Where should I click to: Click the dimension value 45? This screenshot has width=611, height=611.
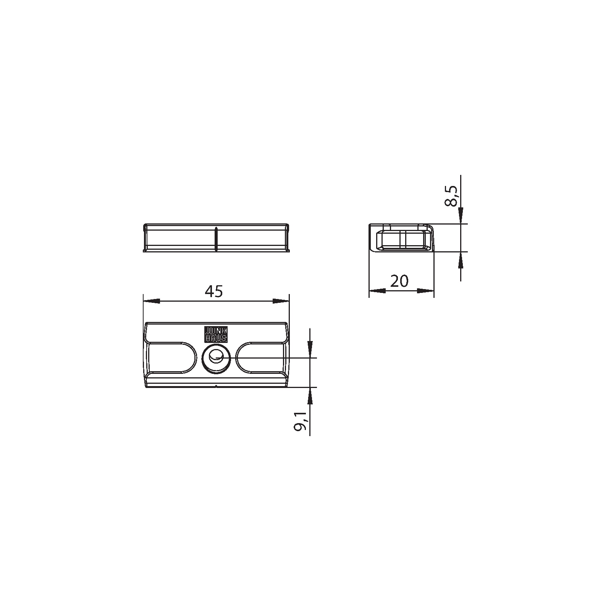coord(213,292)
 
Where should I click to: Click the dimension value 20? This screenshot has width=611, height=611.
coord(399,281)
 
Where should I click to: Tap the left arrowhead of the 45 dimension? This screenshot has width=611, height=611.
coord(151,301)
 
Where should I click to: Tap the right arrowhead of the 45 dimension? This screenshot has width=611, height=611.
coord(281,301)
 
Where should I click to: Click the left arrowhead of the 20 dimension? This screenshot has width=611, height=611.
coord(377,291)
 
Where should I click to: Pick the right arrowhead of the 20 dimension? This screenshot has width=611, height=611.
coord(426,291)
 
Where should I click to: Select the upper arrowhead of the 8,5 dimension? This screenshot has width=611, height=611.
coord(461,215)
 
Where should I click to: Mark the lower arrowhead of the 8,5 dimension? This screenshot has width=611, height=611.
coord(461,260)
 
